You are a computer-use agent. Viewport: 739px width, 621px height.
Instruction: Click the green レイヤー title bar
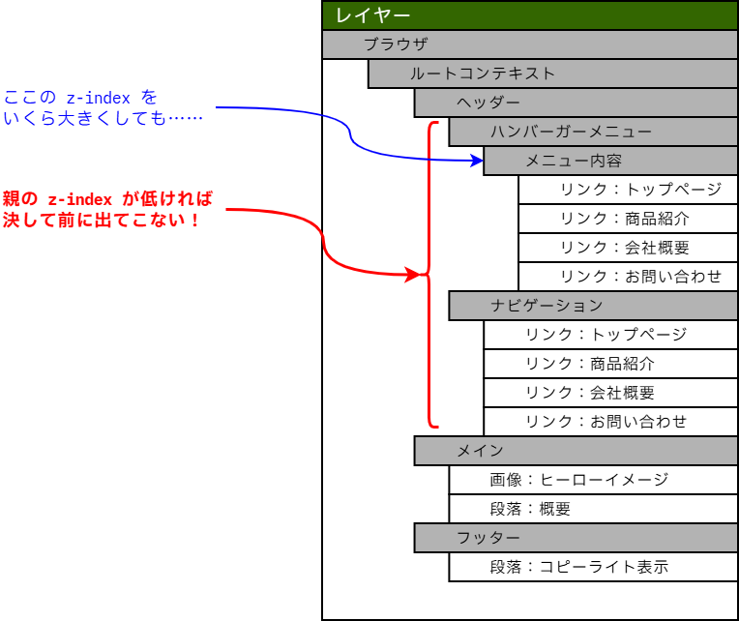tap(530, 15)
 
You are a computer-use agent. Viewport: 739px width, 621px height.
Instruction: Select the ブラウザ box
tap(530, 44)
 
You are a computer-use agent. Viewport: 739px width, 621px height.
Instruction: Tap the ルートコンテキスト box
tap(552, 74)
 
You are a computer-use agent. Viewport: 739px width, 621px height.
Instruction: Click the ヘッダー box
tap(576, 103)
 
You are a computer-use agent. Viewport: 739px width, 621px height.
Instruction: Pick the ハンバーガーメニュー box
tap(593, 132)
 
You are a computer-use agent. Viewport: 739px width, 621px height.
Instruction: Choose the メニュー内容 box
tap(610, 161)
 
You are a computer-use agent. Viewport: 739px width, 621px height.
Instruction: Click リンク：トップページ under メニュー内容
tap(628, 190)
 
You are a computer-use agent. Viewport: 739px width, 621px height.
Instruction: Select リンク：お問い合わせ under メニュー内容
tap(628, 277)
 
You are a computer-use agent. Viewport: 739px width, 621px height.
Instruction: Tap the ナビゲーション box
tap(593, 306)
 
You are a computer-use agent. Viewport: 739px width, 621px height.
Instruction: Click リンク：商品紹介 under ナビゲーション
tap(610, 364)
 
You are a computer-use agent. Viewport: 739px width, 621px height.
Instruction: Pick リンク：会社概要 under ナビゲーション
tap(610, 393)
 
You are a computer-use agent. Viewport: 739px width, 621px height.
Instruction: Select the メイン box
tap(576, 451)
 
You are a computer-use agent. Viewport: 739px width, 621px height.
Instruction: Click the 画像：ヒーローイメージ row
tap(593, 480)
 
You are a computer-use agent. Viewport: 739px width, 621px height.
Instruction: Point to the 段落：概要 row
tap(593, 509)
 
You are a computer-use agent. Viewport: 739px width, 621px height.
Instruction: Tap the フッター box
tap(576, 538)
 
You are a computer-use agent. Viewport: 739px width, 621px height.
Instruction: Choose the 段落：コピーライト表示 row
tap(593, 567)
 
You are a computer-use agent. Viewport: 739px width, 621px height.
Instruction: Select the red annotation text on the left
tap(106, 210)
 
